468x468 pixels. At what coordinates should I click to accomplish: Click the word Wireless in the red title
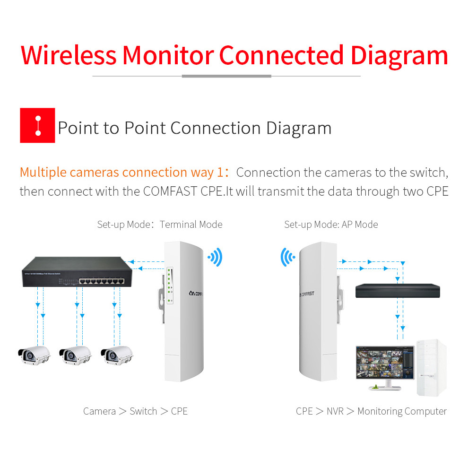(x=69, y=55)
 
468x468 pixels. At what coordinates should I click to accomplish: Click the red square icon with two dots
(x=37, y=125)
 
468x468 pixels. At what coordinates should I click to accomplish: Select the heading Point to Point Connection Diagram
(x=194, y=128)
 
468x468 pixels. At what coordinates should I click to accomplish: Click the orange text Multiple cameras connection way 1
(x=121, y=173)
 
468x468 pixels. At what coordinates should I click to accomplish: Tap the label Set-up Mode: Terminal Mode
(x=160, y=225)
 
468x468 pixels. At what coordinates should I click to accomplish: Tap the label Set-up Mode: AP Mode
(x=331, y=225)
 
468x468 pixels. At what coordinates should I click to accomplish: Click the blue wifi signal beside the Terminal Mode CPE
(x=215, y=258)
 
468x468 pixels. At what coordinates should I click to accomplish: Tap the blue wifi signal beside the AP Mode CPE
(x=287, y=257)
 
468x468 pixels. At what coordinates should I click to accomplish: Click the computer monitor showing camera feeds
(x=385, y=364)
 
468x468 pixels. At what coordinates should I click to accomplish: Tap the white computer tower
(x=431, y=368)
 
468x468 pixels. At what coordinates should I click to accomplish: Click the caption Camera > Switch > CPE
(x=135, y=411)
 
